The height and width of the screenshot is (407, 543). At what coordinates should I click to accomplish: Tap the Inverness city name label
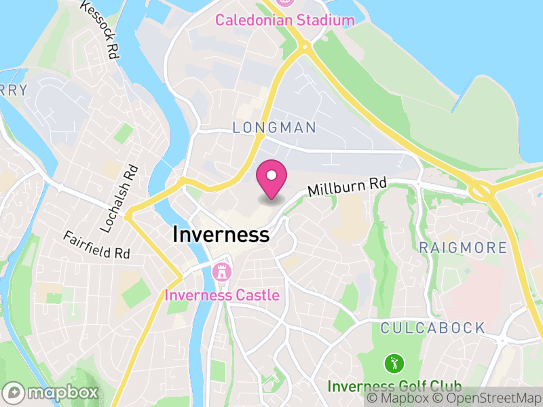(x=221, y=235)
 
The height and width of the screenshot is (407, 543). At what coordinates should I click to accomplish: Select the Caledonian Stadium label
(x=285, y=20)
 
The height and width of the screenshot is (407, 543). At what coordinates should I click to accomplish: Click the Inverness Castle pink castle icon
(x=221, y=273)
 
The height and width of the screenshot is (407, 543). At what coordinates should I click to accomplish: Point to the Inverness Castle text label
(x=222, y=295)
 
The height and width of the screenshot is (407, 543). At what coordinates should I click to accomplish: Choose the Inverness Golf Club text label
(x=394, y=386)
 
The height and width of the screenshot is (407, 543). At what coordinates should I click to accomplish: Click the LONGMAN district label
(x=274, y=128)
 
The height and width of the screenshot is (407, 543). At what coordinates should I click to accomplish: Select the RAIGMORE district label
(x=463, y=248)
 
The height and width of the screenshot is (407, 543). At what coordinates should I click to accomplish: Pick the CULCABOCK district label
(x=432, y=328)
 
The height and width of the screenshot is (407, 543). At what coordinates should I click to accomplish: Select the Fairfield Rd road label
(x=97, y=246)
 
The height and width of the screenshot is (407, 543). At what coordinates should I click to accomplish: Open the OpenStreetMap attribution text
(x=487, y=398)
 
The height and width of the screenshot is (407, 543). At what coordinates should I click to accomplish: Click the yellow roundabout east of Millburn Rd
(x=481, y=191)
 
